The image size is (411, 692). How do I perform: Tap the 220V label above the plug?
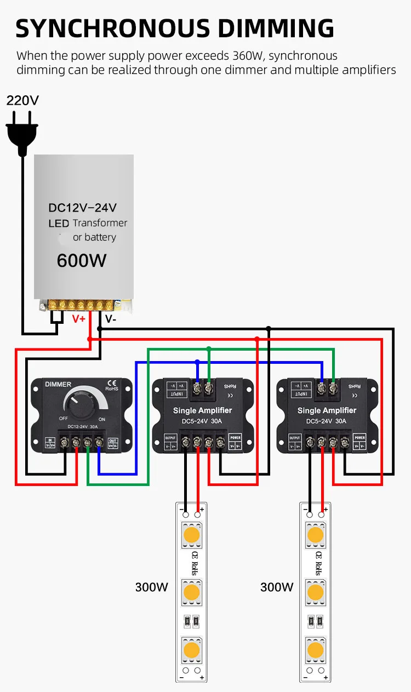point(22,100)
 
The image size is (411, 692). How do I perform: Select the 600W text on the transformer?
point(82,260)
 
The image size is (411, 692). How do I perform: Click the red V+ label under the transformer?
point(79,318)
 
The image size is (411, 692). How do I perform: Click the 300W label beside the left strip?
point(152,587)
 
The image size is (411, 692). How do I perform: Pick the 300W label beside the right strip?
point(277,587)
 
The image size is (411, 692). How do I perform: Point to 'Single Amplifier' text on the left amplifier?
point(202,410)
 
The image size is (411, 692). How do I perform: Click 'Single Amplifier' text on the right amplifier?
point(327,410)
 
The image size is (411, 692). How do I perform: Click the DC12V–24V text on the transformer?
point(83,208)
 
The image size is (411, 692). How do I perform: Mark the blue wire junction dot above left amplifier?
point(197,362)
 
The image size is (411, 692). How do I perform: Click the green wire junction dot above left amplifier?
point(209,348)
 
